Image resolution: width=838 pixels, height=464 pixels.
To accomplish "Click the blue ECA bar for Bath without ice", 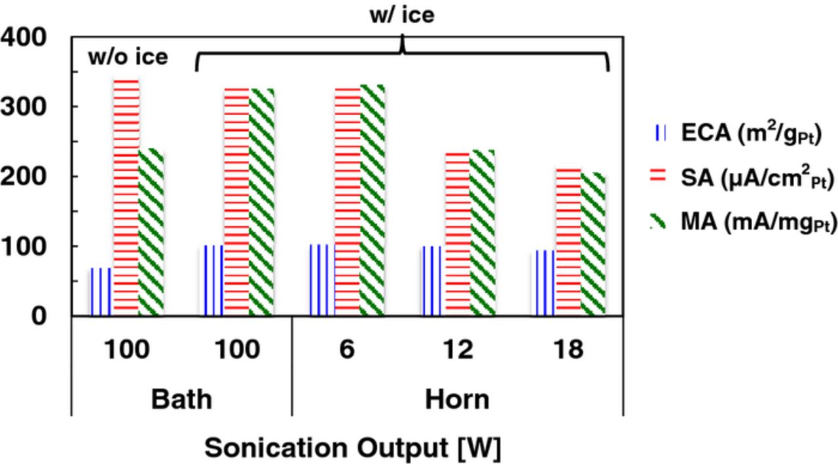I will pos(101,291).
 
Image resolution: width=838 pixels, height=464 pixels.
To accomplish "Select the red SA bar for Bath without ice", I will pos(126,196).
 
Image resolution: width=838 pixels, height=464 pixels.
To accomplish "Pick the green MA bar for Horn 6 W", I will pos(373,200).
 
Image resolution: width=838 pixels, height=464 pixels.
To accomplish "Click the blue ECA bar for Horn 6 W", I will pos(322,280).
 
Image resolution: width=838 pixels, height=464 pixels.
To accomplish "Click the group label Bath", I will pos(181,399).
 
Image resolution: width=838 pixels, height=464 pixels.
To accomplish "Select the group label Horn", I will pos(457,399).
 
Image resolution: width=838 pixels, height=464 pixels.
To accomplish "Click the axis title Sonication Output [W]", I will pos(352,448).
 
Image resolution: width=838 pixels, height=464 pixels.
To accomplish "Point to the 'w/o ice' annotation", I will pos(128,58).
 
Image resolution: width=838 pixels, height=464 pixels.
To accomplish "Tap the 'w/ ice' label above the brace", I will pos(401,14).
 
